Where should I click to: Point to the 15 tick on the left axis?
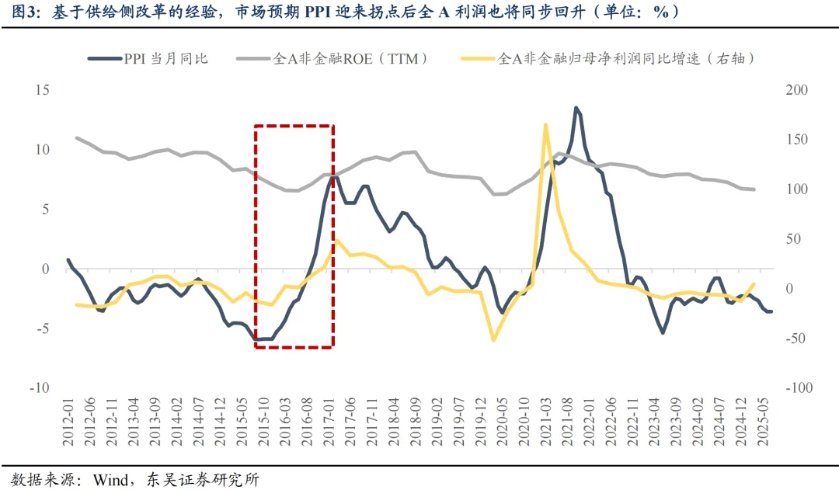[41, 90]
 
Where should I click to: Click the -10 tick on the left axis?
[38, 388]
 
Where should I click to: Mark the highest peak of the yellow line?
[545, 124]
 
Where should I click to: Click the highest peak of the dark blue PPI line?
[576, 108]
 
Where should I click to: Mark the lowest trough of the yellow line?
[493, 340]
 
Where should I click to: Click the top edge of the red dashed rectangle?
[294, 125]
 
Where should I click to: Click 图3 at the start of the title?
[17, 12]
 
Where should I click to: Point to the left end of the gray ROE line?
[77, 138]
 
